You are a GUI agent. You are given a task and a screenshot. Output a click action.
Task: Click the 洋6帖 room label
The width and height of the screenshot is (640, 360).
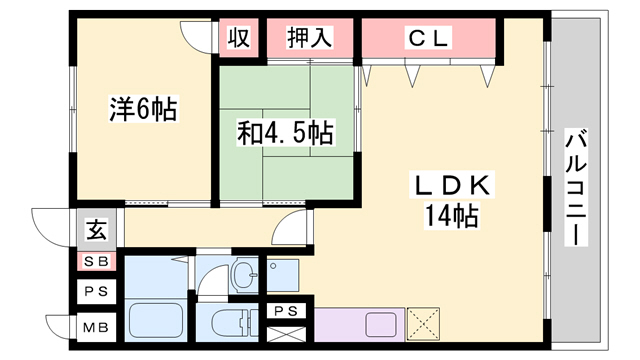pyautogui.click(x=143, y=109)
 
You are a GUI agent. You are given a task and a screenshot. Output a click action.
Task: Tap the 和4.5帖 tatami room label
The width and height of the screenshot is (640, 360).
pyautogui.click(x=285, y=132)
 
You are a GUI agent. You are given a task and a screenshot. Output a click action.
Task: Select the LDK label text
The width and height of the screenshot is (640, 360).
pyautogui.click(x=451, y=185)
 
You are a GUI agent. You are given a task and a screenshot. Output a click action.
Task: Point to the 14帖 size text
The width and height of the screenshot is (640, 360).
pyautogui.click(x=452, y=214)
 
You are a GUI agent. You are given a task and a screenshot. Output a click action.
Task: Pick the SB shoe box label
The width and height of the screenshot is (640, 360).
pyautogui.click(x=98, y=262)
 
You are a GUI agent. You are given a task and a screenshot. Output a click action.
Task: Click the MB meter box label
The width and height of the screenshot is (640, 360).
pyautogui.click(x=98, y=328)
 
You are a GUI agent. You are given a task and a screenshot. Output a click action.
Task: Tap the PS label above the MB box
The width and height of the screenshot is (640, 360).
pyautogui.click(x=98, y=293)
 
